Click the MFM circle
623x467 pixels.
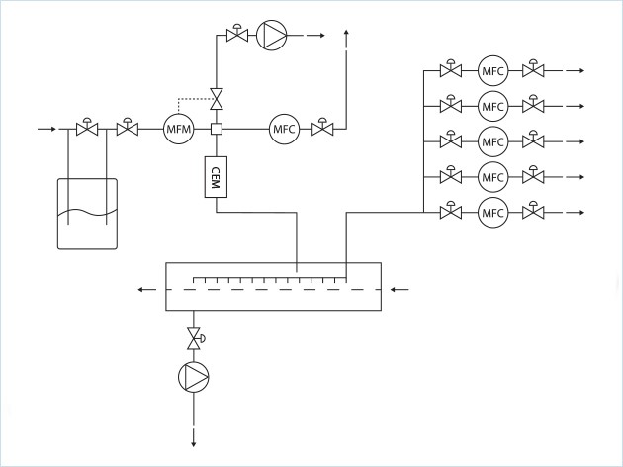pos(179,129)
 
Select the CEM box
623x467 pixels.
pos(215,177)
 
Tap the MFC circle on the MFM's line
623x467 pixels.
pos(285,129)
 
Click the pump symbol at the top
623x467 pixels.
pos(271,37)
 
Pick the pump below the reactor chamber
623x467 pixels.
pos(193,376)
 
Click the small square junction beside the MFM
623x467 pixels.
pos(215,129)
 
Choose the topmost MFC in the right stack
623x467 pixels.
pos(492,70)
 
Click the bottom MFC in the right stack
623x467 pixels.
pos(492,212)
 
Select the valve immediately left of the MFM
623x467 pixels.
pos(127,129)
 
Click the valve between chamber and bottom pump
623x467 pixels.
pos(193,339)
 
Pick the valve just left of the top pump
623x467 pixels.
pos(236,36)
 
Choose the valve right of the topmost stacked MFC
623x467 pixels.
pos(534,70)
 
